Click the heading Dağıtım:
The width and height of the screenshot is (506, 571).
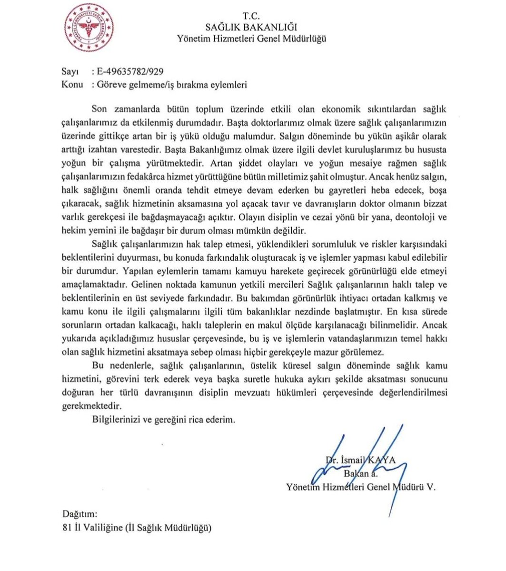80,514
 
